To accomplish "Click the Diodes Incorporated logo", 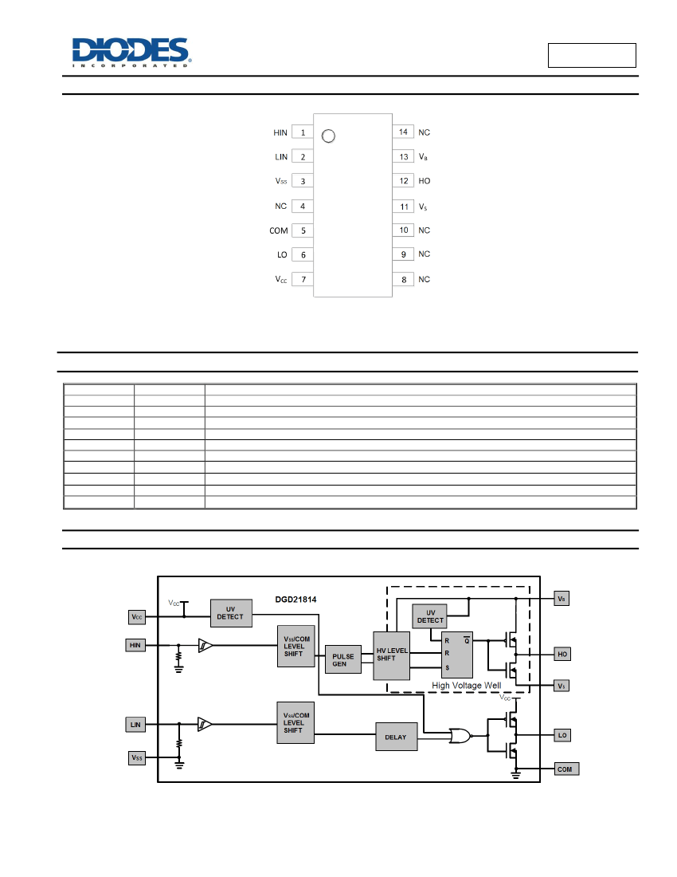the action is tap(131, 53).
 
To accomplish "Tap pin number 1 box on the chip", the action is tap(303, 132).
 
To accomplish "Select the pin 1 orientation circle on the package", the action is tap(328, 136).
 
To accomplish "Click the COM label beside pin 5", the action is tap(279, 230).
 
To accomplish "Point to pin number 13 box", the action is tap(403, 156).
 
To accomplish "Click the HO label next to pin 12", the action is tap(425, 181).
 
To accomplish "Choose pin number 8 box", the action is tap(403, 279).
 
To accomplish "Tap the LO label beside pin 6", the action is tap(282, 254).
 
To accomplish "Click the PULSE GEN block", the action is tap(343, 659).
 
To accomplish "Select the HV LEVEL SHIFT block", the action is tap(392, 655).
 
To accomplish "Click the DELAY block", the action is tap(396, 737).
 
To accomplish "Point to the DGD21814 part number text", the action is tap(295, 600).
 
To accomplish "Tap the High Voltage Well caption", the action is tap(467, 685).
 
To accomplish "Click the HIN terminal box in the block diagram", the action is tap(135, 646).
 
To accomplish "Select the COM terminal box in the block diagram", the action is tap(566, 769).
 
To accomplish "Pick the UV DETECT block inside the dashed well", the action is tap(430, 616).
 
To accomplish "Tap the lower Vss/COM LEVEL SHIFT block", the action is tap(295, 722).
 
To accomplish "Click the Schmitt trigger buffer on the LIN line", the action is tap(205, 724).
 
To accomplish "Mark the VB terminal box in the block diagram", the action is tap(562, 599).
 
